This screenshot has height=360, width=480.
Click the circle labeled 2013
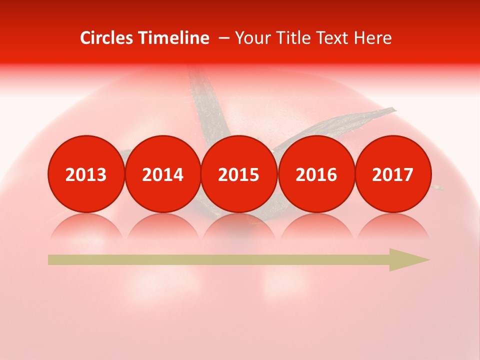[86, 174]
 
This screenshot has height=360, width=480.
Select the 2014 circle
[162, 174]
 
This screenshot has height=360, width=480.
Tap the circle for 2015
[239, 174]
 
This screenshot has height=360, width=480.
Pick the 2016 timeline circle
[316, 174]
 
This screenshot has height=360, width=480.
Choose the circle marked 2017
[392, 174]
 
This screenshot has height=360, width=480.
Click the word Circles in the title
[107, 38]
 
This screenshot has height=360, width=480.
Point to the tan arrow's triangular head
[407, 260]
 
